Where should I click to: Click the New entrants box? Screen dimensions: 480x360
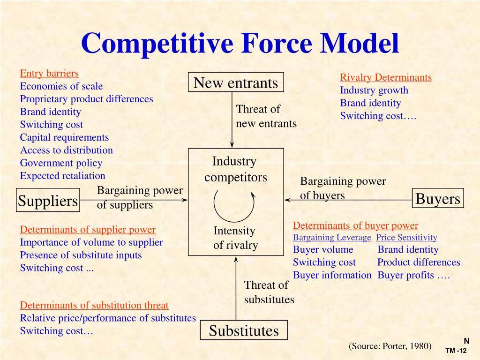pos(236,83)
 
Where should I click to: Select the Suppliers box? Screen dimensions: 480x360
pos(48,201)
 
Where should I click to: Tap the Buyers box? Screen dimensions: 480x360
pos(438,199)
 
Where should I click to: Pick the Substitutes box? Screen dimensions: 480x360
pos(244,330)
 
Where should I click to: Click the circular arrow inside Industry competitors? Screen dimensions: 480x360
pos(234,204)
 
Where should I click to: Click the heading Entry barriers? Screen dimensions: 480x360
pos(49,73)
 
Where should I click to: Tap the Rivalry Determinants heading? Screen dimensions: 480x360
pos(386,77)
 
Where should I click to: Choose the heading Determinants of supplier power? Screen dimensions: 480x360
pos(88,230)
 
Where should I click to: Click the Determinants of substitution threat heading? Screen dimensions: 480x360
pos(94,305)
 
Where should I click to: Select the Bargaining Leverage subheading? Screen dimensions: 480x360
pos(332,238)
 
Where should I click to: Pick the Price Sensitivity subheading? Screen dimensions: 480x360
pos(406,238)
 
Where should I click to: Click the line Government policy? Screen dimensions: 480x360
pos(61,163)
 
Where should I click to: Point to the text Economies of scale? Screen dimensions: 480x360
pos(61,86)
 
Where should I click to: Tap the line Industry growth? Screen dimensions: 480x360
pos(374,90)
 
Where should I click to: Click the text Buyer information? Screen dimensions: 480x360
pos(332,275)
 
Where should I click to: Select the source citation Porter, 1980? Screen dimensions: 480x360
pos(390,346)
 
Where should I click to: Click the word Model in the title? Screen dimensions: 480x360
pos(360,44)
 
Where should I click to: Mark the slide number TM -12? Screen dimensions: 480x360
pos(456,351)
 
